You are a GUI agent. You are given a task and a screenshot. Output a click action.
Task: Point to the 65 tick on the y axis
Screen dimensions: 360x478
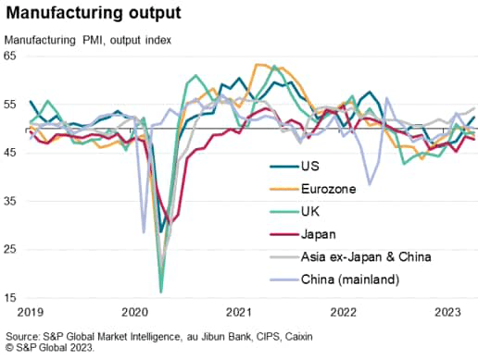coord(12,56)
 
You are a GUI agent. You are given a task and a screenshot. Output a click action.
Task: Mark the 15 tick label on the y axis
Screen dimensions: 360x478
coord(12,297)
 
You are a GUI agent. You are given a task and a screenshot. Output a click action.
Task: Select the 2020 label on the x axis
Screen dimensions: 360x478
coord(135,313)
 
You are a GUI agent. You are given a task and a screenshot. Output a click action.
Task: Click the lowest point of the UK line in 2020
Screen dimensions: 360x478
coord(160,292)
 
